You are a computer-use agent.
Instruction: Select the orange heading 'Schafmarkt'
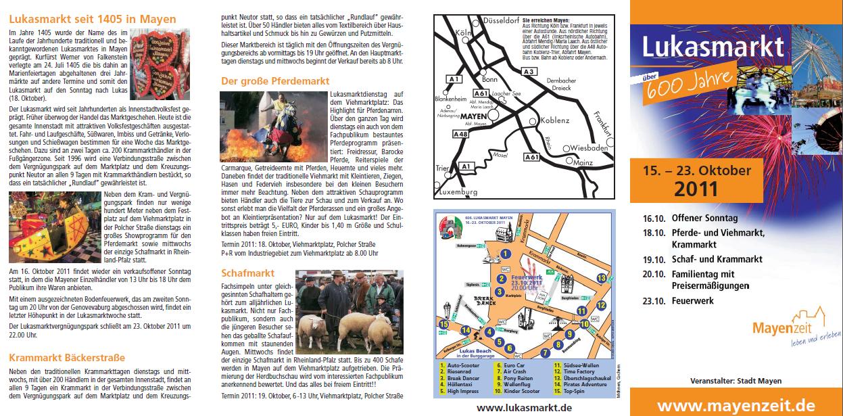248,273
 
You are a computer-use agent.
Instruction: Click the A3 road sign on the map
529,72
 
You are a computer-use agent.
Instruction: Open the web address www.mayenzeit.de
736,405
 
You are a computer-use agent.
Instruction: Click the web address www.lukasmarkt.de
524,407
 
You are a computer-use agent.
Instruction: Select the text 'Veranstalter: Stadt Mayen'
736,381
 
